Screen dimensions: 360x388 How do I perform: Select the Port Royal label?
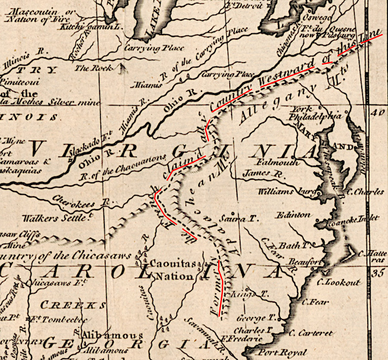(283, 352)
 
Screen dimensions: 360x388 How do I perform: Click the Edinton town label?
(293, 215)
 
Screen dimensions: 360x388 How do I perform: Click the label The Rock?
(94, 68)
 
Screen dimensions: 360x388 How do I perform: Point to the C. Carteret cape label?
(310, 333)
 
